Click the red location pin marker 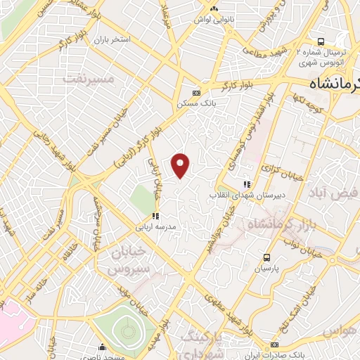point(181,165)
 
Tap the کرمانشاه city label point(334,83)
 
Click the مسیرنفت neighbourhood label point(89,79)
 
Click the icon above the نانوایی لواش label point(215,8)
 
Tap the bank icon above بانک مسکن point(196,92)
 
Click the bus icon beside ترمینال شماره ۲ point(321,41)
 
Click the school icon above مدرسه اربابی point(155,217)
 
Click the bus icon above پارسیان point(266,257)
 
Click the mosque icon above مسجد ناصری point(103,347)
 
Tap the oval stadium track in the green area point(127,330)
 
